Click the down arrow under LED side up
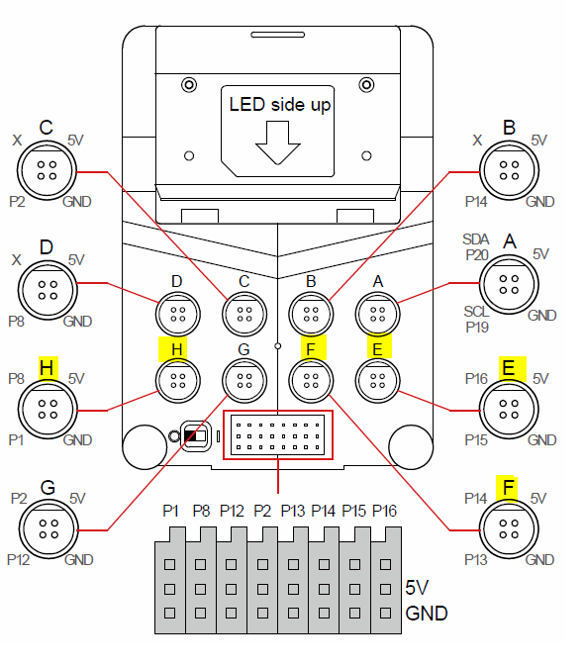[x=278, y=143]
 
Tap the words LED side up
[x=280, y=105]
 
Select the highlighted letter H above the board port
[x=176, y=349]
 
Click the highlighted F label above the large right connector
[x=508, y=487]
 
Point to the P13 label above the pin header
[x=293, y=511]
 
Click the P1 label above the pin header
[x=170, y=511]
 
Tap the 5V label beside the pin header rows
[x=417, y=588]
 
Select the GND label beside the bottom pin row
[x=427, y=614]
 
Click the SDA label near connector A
[x=476, y=239]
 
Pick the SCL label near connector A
[x=476, y=312]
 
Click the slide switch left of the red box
[x=196, y=436]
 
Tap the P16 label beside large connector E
[x=476, y=379]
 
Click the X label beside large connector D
[x=17, y=260]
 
